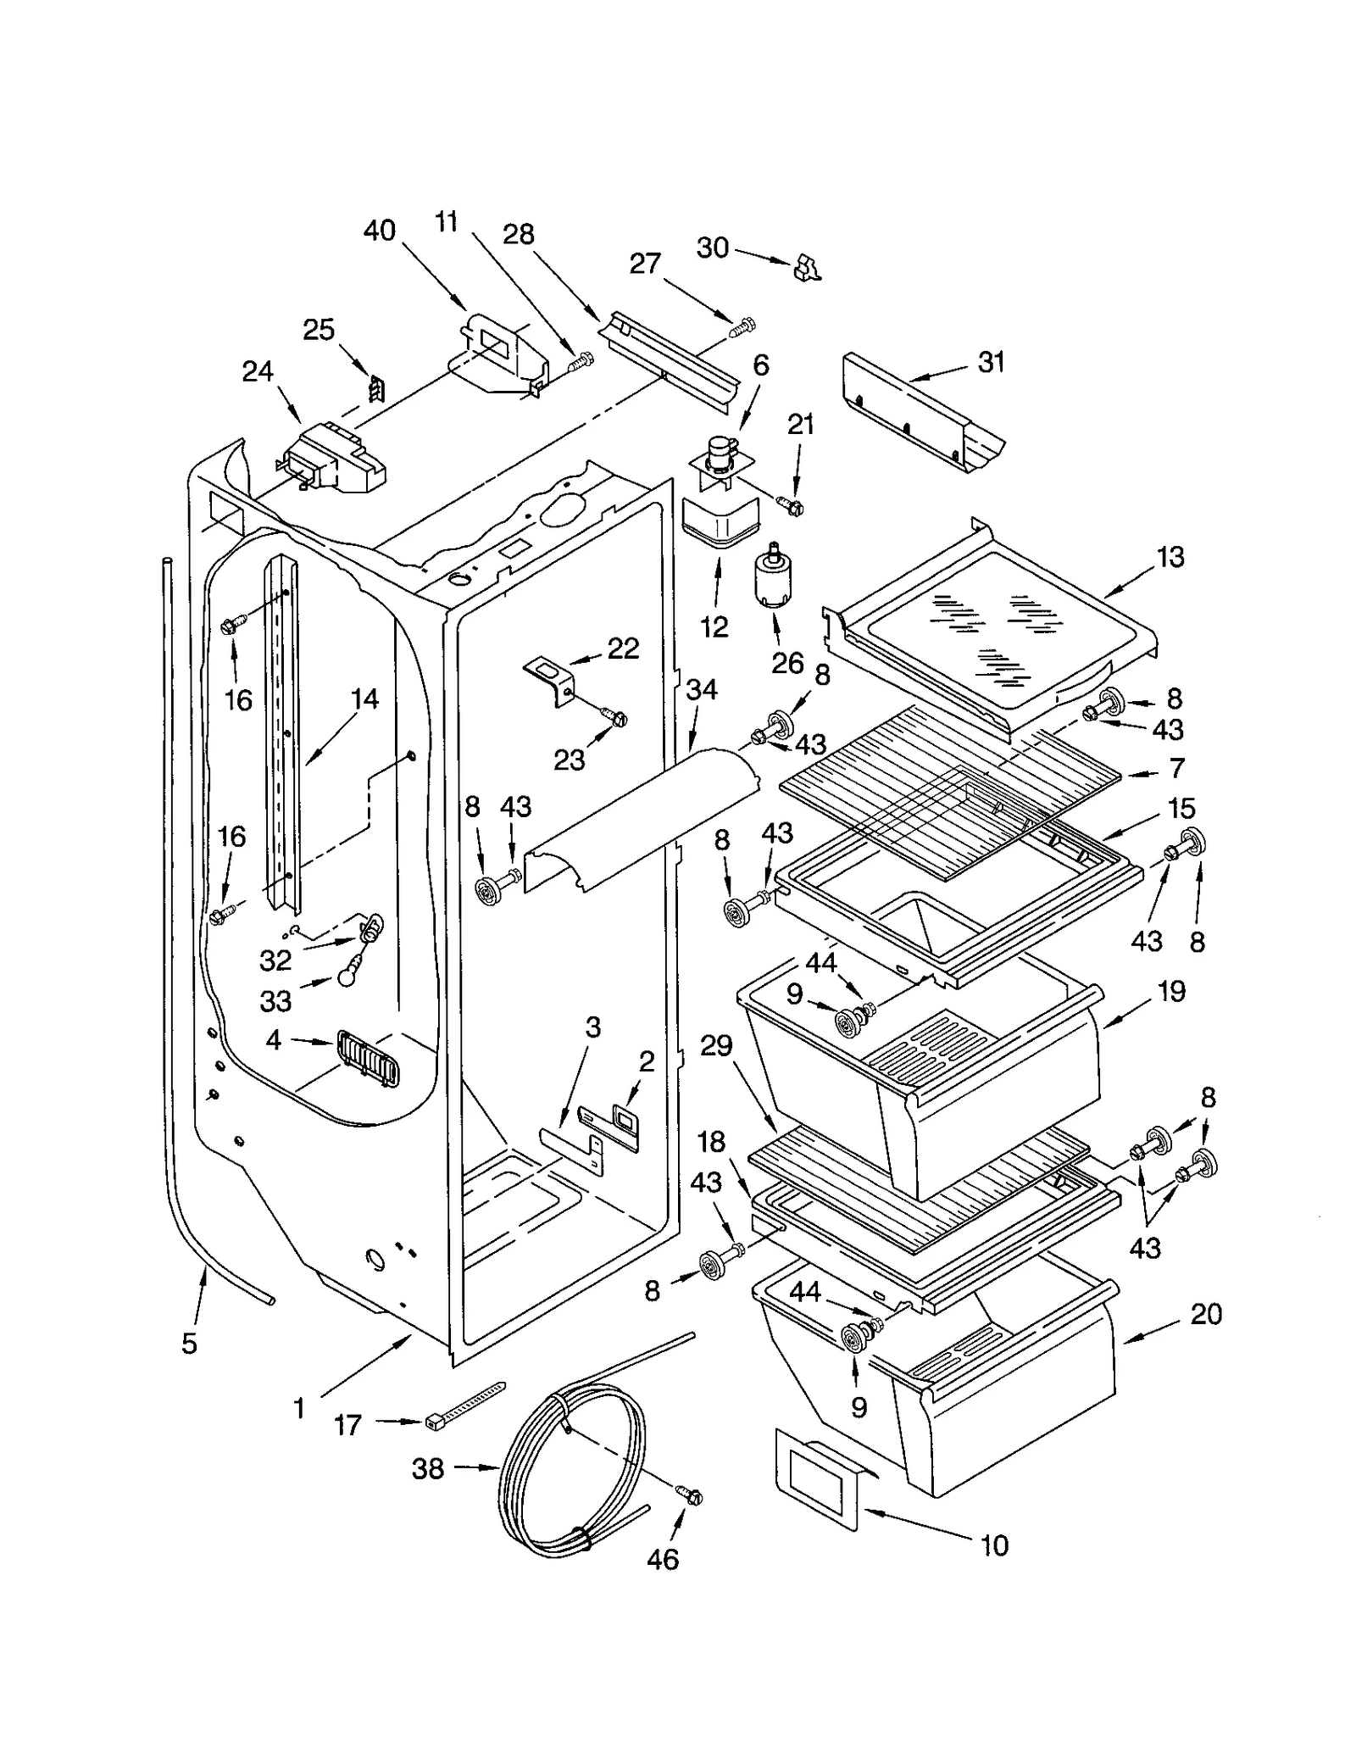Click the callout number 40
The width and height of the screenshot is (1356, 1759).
coord(380,231)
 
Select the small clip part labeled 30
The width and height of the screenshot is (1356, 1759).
coord(807,270)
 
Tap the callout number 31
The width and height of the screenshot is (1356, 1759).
coord(991,362)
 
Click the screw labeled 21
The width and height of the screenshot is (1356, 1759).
coord(794,507)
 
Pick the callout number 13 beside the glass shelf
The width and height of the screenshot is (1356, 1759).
coord(1170,557)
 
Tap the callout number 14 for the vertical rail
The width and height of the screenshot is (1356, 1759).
coord(364,699)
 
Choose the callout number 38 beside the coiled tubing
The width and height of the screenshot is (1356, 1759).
coord(428,1467)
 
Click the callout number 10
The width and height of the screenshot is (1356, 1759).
coord(994,1545)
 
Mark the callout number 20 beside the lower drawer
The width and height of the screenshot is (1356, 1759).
coord(1206,1314)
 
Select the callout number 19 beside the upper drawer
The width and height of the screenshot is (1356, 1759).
coord(1171,991)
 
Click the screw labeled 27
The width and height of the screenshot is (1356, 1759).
coord(742,324)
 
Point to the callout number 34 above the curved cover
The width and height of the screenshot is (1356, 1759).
coord(702,689)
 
